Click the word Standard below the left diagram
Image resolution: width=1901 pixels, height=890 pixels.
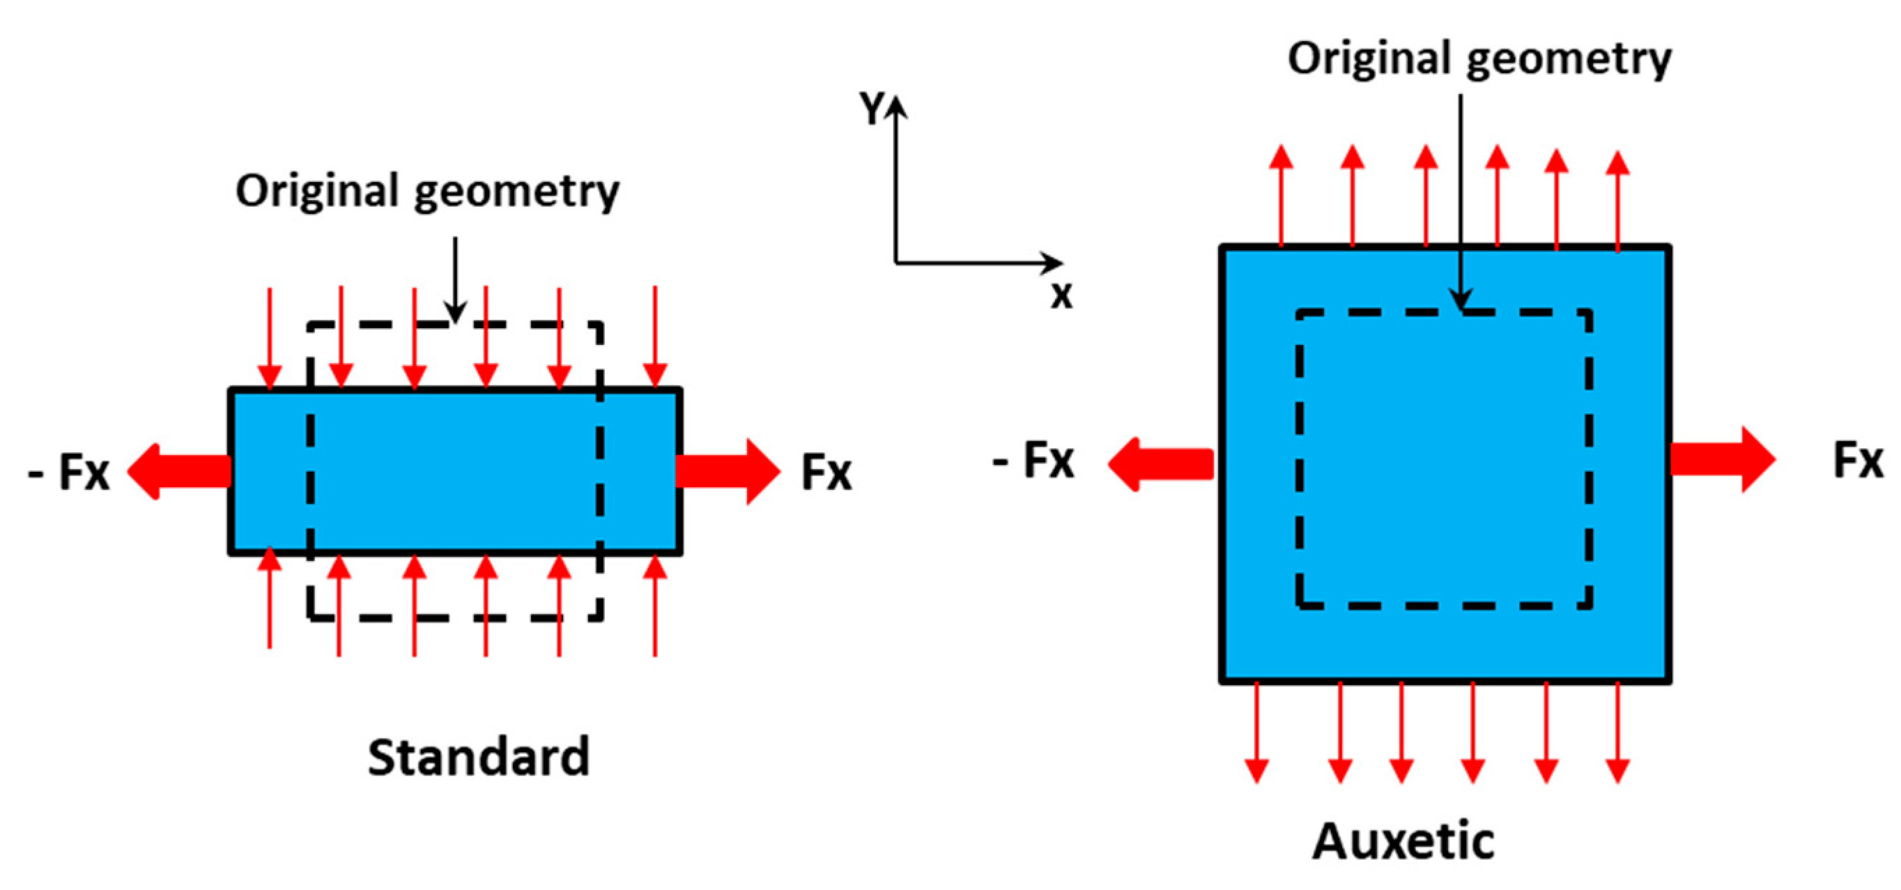[x=478, y=757]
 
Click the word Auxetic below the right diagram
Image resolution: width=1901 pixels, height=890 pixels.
[x=1403, y=841]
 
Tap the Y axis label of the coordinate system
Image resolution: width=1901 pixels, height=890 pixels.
[x=872, y=109]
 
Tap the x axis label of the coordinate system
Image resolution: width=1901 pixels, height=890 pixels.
[x=1061, y=296]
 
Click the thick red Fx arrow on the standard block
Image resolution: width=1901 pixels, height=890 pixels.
[x=727, y=471]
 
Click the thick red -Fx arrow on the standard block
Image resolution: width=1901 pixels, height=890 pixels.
[x=179, y=471]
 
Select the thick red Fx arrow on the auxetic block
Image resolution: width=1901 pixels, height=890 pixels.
[x=1722, y=459]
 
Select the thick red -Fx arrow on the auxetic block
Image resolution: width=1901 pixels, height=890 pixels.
[x=1161, y=464]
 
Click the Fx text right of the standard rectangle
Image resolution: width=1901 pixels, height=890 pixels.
[x=826, y=473]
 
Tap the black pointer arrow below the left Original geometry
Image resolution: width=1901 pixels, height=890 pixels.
[x=455, y=280]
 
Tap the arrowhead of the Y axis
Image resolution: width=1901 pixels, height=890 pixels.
[x=896, y=107]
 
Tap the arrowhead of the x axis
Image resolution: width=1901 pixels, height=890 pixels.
[x=1054, y=262]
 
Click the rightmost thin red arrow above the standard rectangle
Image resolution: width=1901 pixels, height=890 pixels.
[x=654, y=336]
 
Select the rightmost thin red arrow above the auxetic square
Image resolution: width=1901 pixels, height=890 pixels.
[x=1617, y=199]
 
